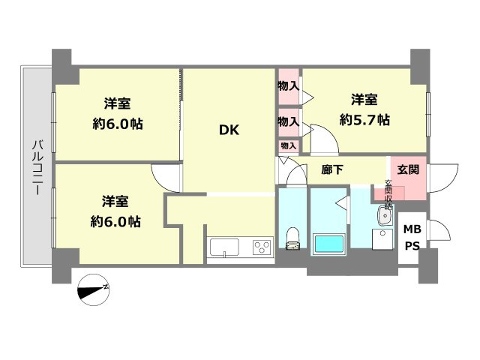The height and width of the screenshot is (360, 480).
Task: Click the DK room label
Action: point(229,129)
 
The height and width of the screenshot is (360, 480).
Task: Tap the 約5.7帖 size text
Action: point(365,118)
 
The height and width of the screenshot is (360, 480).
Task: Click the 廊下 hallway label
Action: point(332,170)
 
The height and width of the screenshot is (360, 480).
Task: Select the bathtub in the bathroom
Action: point(328,244)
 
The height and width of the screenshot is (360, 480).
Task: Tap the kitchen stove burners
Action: point(262,247)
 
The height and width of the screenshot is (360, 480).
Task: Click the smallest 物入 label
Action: point(289,145)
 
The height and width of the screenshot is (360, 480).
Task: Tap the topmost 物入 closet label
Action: point(289,86)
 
